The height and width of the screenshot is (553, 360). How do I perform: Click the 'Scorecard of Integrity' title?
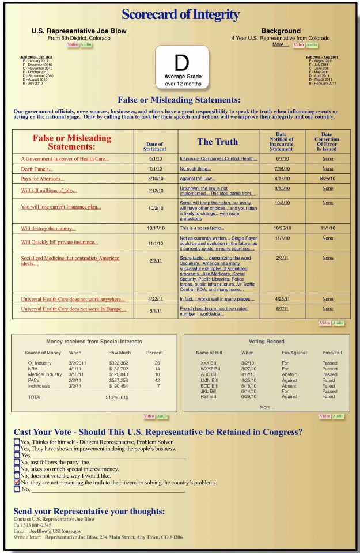pos(180,14)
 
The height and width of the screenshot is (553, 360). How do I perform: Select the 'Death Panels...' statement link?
pos(37,169)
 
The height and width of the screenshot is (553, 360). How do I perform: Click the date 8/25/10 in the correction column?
pos(327,179)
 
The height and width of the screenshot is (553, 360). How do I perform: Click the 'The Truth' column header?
pos(217,142)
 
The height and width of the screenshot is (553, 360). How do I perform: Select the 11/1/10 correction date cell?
pos(327,228)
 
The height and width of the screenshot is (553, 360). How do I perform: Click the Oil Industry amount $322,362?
pos(118,363)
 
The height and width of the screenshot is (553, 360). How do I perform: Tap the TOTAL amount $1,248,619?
pos(117,397)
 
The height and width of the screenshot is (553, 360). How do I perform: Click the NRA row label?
pos(32,368)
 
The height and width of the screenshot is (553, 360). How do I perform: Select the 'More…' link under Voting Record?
pos(267,407)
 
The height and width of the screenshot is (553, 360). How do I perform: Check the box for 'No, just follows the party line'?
pos(17,462)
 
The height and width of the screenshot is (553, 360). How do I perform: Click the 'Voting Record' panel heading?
pos(267,342)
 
